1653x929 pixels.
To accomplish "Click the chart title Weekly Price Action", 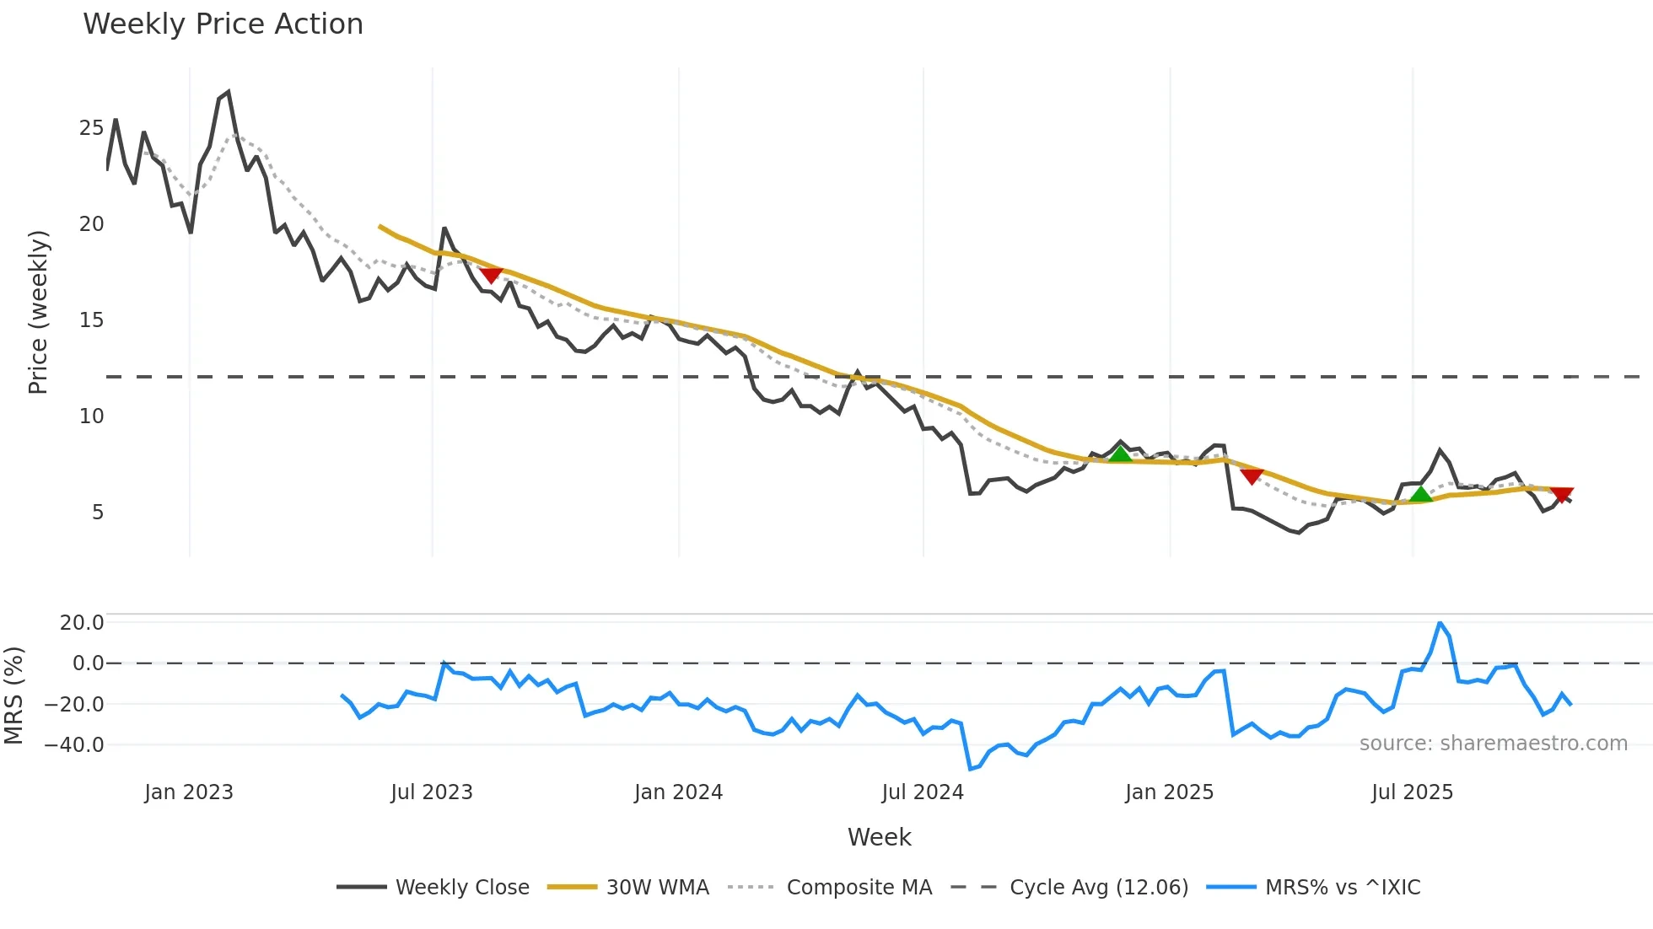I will [223, 24].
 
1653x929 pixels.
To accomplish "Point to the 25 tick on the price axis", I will [91, 128].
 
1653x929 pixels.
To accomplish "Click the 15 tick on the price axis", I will [91, 320].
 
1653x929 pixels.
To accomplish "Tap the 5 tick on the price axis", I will [97, 513].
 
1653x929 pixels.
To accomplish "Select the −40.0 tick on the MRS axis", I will [74, 745].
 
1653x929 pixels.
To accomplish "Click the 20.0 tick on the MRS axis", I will [82, 623].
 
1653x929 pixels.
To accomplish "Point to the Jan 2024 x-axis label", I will [678, 792].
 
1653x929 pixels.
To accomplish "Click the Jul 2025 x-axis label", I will [1412, 792].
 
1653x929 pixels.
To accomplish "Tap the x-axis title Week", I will [879, 837].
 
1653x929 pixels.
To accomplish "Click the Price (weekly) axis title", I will [39, 312].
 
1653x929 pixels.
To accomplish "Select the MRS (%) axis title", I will [13, 695].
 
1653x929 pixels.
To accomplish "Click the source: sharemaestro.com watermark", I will [1493, 744].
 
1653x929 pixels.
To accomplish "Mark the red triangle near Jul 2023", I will [491, 275].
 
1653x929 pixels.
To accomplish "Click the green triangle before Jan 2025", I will [1120, 454].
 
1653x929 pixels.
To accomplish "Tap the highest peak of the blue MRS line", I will [1440, 624].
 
